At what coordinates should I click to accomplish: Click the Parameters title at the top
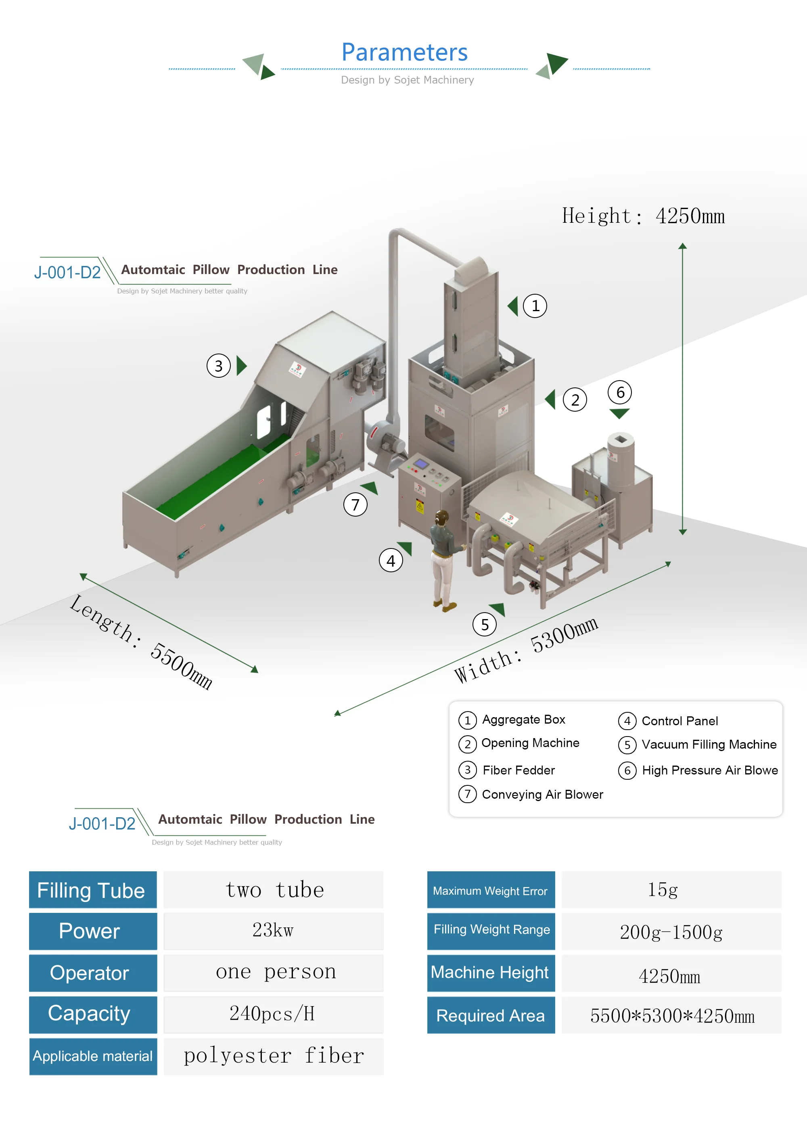tap(404, 52)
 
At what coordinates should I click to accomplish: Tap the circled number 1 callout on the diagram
tap(535, 306)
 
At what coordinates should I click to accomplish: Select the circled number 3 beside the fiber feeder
tap(219, 366)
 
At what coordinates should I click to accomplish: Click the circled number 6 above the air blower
tap(620, 393)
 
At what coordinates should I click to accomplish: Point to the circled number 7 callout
tap(355, 505)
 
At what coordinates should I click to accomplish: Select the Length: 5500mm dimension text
tap(141, 641)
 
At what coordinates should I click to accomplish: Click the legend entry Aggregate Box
tap(523, 720)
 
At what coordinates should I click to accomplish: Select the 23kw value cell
tap(273, 931)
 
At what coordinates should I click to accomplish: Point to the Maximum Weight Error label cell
tap(491, 891)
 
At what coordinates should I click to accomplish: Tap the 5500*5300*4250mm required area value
tap(672, 1016)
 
